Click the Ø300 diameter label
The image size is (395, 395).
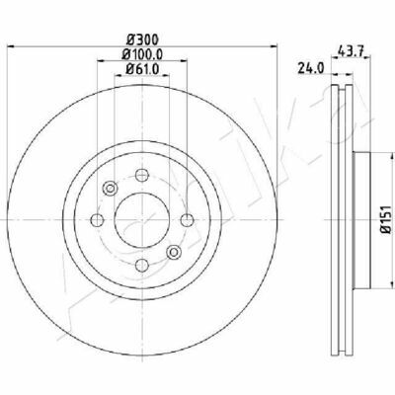coord(143,39)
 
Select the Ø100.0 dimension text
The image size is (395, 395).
coord(142,54)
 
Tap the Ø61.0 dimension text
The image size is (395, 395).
coord(142,69)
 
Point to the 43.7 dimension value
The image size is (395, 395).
coord(351,51)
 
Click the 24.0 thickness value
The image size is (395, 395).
coord(311,68)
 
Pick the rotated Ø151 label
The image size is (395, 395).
coord(385,219)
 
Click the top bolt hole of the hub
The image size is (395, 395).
coord(142,175)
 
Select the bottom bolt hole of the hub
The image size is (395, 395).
coord(142,265)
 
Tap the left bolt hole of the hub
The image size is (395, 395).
coord(97,220)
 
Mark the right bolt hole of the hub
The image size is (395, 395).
coord(188,220)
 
